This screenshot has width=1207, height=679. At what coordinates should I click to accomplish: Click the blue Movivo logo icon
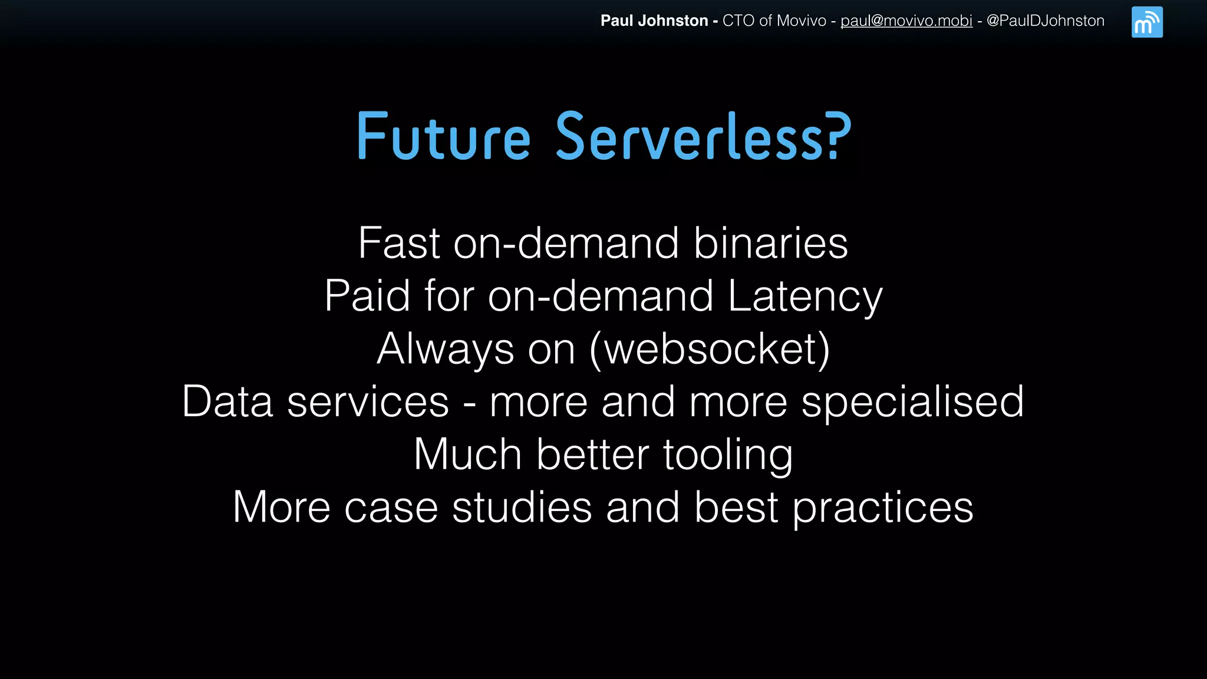1147,22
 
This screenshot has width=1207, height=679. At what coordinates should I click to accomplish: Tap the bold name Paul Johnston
654,21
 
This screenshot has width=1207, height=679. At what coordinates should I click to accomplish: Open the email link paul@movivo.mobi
906,21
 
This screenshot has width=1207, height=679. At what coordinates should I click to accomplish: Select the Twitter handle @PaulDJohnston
1045,21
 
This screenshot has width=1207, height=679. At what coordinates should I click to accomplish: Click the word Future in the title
444,137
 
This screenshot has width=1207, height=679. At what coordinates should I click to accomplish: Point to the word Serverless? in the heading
704,137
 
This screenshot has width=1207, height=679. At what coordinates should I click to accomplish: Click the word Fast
399,243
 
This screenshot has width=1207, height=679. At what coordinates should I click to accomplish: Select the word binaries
770,243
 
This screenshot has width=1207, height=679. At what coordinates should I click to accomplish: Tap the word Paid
367,296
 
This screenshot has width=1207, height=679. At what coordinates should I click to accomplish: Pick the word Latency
804,296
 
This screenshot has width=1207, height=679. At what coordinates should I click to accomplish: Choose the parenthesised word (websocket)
710,349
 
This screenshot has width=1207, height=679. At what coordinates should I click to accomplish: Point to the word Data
227,402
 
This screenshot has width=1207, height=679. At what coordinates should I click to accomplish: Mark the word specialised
912,402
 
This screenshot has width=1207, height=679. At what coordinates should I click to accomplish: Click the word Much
467,454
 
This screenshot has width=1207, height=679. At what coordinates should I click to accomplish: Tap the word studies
522,507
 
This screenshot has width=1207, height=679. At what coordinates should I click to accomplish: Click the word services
368,402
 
